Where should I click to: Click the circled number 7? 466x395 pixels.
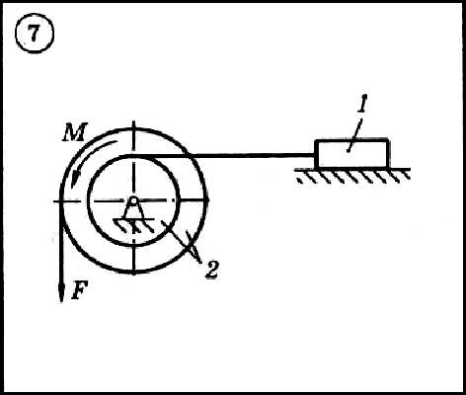tap(35, 34)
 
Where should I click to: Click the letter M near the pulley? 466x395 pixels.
tap(75, 132)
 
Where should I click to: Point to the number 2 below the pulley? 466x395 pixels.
tap(211, 271)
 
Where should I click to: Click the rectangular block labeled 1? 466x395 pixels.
tap(351, 154)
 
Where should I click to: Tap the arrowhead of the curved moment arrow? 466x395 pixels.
tap(75, 181)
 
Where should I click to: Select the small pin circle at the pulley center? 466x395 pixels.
tap(133, 200)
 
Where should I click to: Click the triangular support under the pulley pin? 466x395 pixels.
tap(133, 211)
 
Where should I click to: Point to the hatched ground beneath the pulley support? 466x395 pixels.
tap(134, 226)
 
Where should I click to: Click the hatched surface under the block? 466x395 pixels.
tap(352, 176)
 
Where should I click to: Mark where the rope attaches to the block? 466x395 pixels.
tap(315, 155)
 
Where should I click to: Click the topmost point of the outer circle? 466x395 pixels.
tap(133, 128)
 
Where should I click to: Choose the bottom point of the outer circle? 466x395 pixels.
tap(133, 273)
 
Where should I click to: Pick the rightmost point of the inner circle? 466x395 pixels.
tap(179, 200)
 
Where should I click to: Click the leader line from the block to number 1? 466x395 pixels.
tap(353, 135)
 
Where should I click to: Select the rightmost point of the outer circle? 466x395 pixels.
tap(205, 200)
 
